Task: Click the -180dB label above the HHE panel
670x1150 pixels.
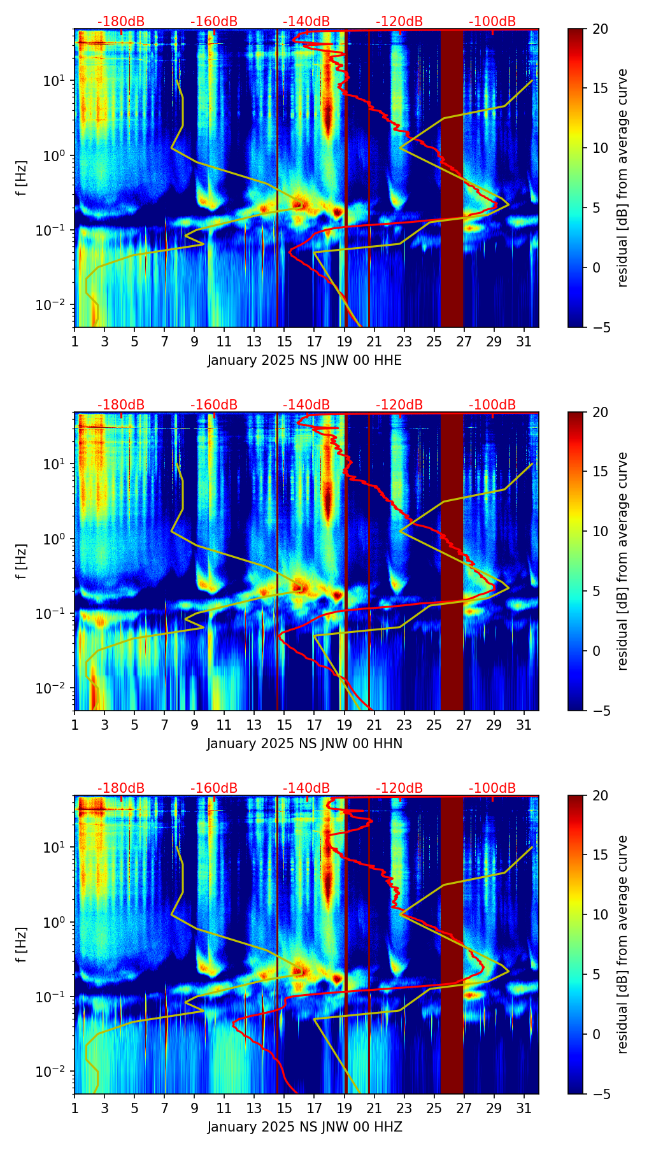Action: coord(121,22)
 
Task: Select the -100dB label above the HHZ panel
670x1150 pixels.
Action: coord(492,788)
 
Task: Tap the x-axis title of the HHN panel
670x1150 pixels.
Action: coord(304,744)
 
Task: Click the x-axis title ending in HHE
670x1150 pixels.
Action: coord(304,360)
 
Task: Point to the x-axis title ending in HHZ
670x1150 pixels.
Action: coord(304,1127)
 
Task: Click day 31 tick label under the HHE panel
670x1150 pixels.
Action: coord(524,342)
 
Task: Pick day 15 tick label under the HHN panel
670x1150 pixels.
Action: coord(284,725)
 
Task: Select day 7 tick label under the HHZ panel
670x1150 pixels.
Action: coord(164,1109)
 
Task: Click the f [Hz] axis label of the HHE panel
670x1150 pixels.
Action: coord(22,178)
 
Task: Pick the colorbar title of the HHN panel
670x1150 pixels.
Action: coord(623,561)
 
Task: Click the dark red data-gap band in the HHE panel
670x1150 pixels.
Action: coord(452,178)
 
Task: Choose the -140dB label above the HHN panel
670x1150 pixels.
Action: coord(306,405)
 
